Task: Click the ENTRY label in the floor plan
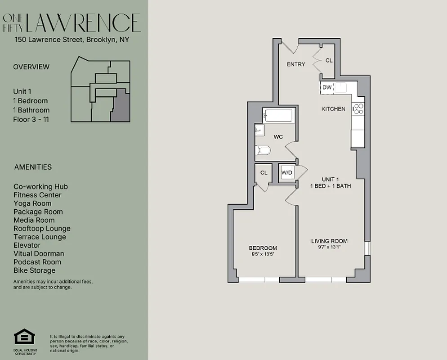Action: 296,64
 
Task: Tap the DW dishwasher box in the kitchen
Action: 327,87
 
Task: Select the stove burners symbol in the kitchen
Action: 358,108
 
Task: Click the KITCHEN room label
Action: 333,109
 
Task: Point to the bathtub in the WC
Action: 278,116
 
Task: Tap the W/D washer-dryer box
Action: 286,172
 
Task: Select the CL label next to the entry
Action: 329,60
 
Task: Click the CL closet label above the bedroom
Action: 264,172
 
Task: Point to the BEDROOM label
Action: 263,248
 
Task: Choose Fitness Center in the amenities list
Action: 37,195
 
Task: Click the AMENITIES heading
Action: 33,167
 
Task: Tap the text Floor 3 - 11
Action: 31,119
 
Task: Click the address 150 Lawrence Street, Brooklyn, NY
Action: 72,40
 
